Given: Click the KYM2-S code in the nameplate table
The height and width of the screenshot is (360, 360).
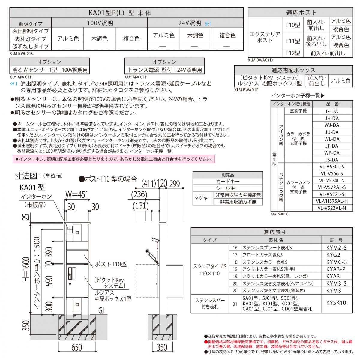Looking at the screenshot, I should click(336, 247).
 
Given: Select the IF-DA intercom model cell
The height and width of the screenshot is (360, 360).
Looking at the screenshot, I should click(332, 111).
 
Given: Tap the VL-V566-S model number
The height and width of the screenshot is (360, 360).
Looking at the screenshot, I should click(331, 173).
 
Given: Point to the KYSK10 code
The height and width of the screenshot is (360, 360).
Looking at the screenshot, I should click(336, 303).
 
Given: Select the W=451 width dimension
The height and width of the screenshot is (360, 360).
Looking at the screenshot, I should click(77, 194).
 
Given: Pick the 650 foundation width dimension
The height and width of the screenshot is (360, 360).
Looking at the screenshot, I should click(77, 347).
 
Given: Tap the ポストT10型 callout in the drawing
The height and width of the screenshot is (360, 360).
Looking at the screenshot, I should click(111, 264).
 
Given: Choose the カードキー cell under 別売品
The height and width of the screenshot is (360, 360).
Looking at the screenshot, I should click(228, 181).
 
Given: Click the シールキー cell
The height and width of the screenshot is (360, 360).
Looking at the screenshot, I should click(228, 188).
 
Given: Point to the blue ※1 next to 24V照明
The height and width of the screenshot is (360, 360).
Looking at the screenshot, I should click(208, 23).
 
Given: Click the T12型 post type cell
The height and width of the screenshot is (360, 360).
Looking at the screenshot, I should click(292, 53).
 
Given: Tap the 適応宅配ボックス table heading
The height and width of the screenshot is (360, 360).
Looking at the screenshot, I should click(293, 70).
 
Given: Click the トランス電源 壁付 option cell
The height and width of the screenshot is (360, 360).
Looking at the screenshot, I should click(150, 70).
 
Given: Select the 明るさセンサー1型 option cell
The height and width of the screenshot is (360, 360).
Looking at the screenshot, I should click(35, 70).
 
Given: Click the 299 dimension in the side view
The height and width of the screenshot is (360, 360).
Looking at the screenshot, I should click(175, 184).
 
